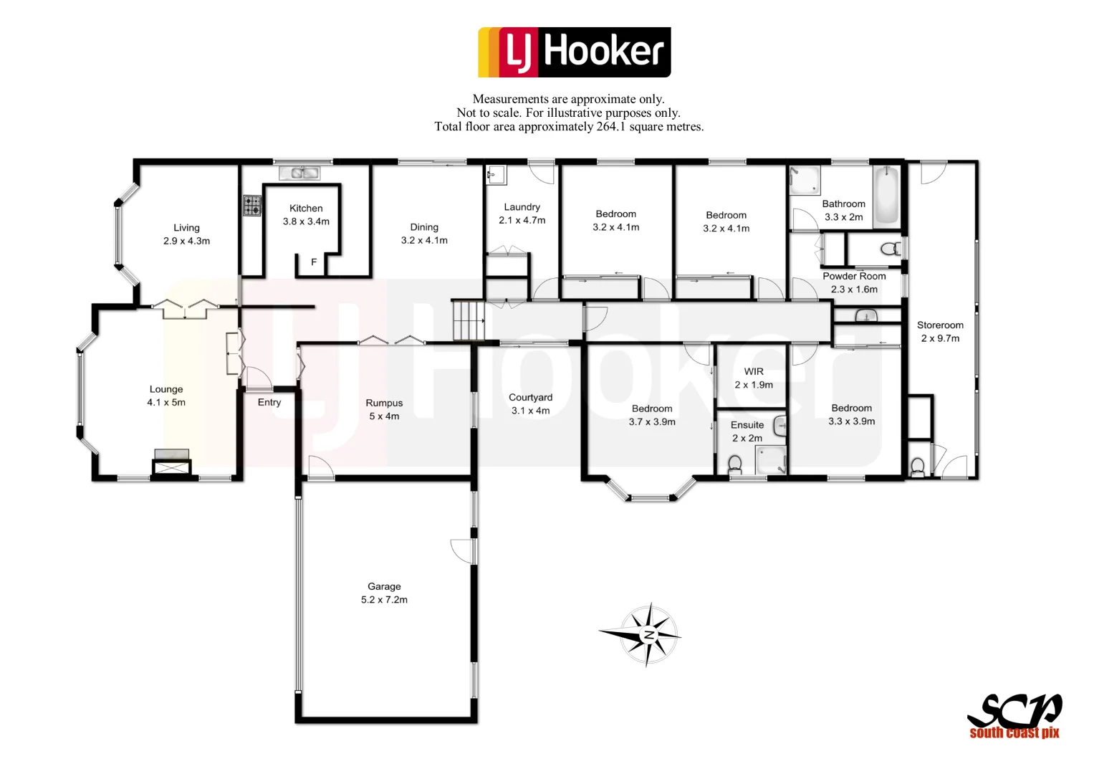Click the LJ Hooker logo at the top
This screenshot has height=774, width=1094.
pyautogui.click(x=574, y=52)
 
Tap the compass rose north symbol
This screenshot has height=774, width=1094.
pyautogui.click(x=648, y=635)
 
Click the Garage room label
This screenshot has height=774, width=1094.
pyautogui.click(x=384, y=586)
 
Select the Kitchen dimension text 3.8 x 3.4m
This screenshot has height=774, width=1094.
pyautogui.click(x=306, y=221)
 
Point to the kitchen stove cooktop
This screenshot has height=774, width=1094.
pyautogui.click(x=252, y=206)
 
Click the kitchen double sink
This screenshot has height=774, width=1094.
pyautogui.click(x=299, y=173)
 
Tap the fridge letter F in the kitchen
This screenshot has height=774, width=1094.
pyautogui.click(x=314, y=262)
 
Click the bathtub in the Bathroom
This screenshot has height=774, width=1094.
pyautogui.click(x=886, y=195)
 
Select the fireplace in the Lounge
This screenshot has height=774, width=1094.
pyautogui.click(x=171, y=464)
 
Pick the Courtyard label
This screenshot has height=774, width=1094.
pyautogui.click(x=530, y=397)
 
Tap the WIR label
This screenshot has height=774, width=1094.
pyautogui.click(x=754, y=371)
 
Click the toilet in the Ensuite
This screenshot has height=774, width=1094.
pyautogui.click(x=734, y=465)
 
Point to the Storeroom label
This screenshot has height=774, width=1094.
pyautogui.click(x=940, y=325)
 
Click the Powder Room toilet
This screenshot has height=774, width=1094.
pyautogui.click(x=891, y=249)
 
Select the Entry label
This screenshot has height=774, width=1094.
pyautogui.click(x=269, y=402)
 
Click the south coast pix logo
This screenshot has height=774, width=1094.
pyautogui.click(x=1014, y=716)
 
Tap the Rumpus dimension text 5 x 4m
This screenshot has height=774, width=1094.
pyautogui.click(x=384, y=416)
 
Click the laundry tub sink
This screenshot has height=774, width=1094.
pyautogui.click(x=495, y=174)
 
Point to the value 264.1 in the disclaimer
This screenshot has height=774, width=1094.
pyautogui.click(x=611, y=127)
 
